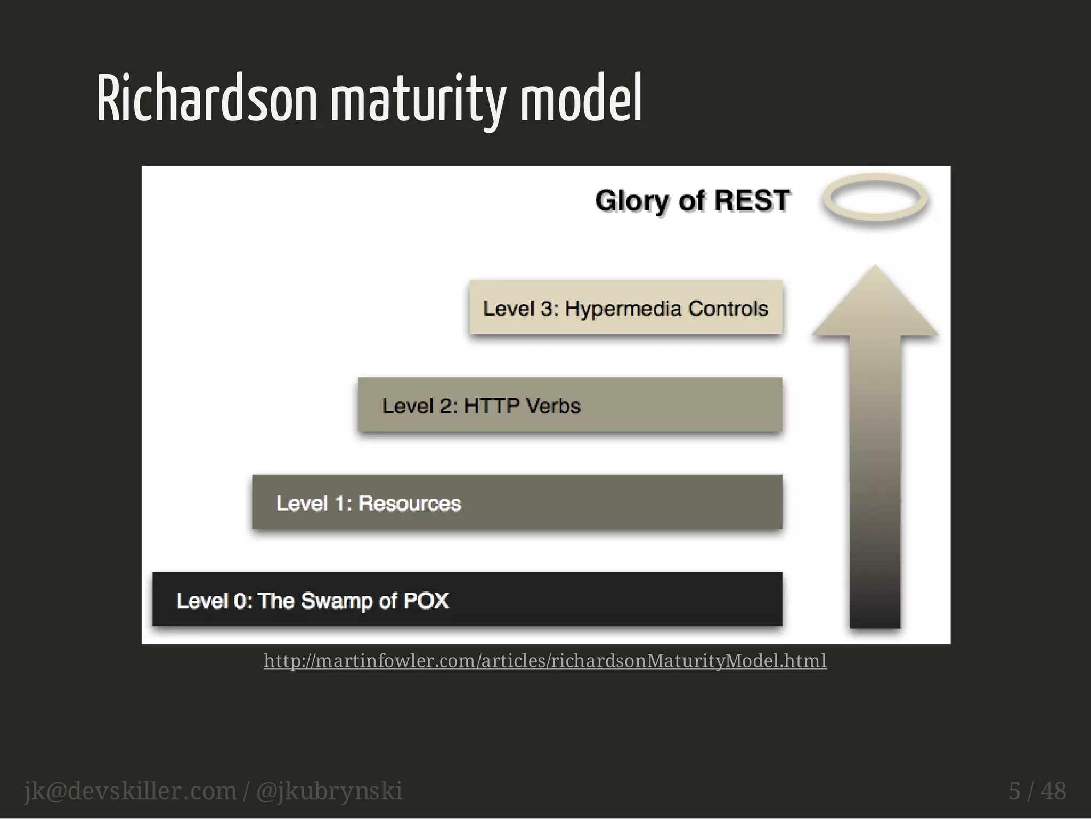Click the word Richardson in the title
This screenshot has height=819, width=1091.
(207, 99)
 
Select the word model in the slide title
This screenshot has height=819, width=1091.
(581, 99)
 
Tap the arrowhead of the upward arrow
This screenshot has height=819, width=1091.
(875, 304)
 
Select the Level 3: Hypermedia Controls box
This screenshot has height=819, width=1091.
(625, 308)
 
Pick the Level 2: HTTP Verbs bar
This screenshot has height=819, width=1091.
(569, 405)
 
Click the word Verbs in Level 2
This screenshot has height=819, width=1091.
(552, 406)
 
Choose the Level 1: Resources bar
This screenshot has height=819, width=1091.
(517, 502)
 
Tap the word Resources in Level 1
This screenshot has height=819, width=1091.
(409, 504)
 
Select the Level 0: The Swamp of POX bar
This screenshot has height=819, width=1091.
(467, 599)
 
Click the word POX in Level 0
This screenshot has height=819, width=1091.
(426, 601)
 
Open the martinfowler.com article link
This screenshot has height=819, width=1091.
(545, 661)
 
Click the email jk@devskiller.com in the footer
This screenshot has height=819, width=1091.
(130, 791)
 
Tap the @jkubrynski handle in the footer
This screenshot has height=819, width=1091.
(329, 791)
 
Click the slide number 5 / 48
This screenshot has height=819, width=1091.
(1037, 791)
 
